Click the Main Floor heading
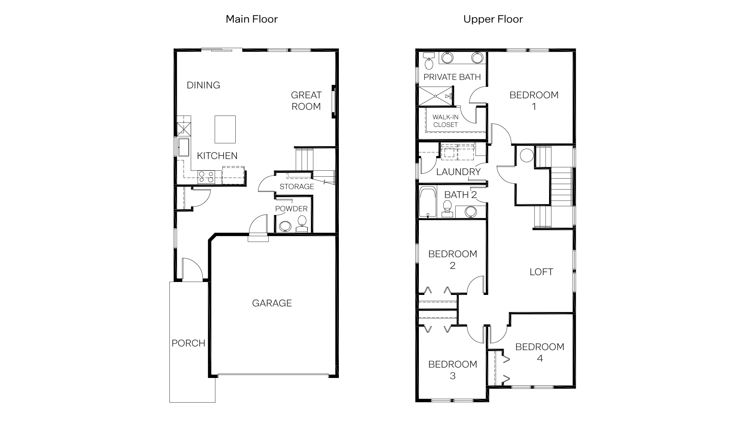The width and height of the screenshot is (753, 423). tap(251, 19)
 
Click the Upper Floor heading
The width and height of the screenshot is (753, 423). tap(493, 19)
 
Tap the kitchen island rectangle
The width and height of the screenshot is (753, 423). tap(225, 129)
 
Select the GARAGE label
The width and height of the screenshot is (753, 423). tap(272, 303)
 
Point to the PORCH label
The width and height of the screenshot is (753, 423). tap(188, 343)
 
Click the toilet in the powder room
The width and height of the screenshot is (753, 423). tap(302, 223)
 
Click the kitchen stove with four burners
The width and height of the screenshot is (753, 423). tap(206, 177)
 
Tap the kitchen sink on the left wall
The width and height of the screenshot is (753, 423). tap(183, 147)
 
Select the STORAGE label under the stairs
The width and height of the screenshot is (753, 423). tap(296, 186)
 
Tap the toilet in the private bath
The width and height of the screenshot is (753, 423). tap(429, 61)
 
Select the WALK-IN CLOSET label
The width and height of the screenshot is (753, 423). tap(445, 121)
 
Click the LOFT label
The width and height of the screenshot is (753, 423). tap(541, 272)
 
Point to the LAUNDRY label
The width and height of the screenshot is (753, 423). tap(458, 172)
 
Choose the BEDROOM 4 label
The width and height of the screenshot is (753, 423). tap(540, 352)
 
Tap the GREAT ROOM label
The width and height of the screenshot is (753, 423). tap(306, 101)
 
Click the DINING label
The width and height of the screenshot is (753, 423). tap(203, 85)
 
